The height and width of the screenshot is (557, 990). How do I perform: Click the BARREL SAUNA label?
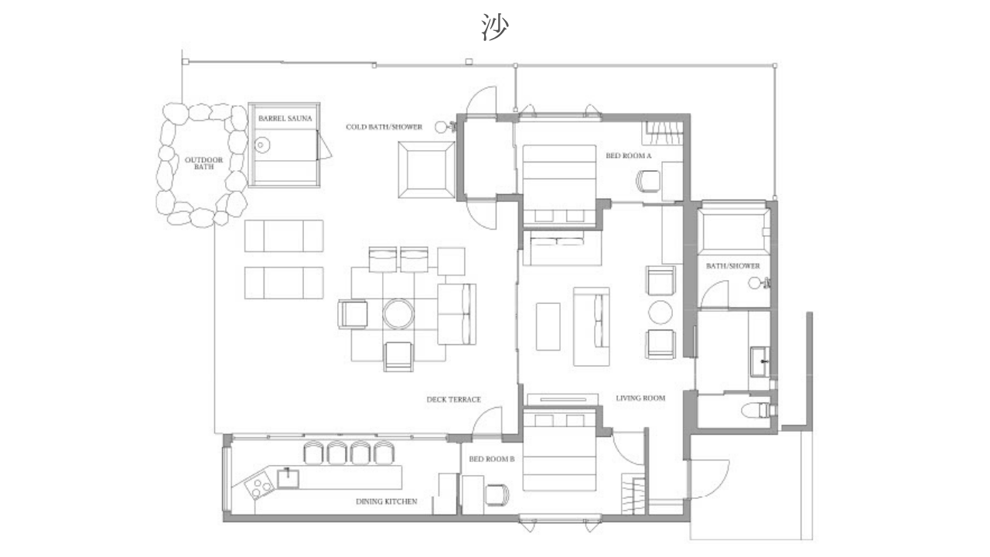point(285,118)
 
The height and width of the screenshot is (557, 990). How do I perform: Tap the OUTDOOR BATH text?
point(203,163)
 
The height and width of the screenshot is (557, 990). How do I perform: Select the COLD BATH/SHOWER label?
point(384,127)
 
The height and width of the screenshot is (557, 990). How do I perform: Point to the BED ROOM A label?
point(629,155)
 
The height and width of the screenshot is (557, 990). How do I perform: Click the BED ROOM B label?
point(492,459)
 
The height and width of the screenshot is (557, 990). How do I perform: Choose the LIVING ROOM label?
point(640,398)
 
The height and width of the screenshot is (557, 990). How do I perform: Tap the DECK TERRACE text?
point(453,399)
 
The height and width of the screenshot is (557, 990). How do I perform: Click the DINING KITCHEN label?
point(386,501)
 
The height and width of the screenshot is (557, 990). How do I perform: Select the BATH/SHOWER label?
point(732,265)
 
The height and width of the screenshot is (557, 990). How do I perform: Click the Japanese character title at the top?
point(495,27)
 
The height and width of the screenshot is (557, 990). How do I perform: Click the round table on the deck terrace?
point(398,314)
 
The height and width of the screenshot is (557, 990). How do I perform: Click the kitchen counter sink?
point(288,479)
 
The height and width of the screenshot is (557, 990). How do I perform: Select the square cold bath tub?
point(426,169)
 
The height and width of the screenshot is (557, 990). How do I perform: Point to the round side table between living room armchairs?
point(661,313)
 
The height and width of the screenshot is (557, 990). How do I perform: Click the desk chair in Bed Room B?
point(497,494)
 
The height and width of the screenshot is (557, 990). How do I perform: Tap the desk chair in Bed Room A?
point(648,181)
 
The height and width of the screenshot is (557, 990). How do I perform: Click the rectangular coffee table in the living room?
point(548,326)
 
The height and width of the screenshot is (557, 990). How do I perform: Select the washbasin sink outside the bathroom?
point(760,362)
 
